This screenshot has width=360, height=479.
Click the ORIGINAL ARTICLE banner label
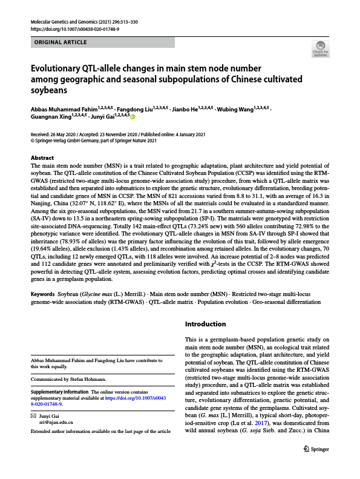click(x=61, y=42)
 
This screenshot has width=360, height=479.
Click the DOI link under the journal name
click(x=74, y=28)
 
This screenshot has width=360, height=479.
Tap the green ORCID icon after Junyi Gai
click(x=133, y=116)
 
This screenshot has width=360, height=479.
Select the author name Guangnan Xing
click(x=51, y=116)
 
